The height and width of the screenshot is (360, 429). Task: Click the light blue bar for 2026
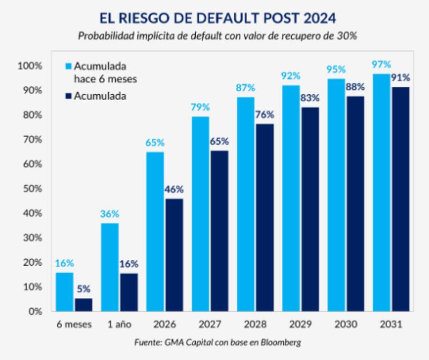(x=155, y=231)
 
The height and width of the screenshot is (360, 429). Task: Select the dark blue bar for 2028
(x=264, y=217)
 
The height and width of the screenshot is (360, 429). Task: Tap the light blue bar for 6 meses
(x=64, y=291)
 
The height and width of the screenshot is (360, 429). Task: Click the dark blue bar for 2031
(x=401, y=199)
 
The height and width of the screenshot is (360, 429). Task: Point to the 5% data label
(x=83, y=288)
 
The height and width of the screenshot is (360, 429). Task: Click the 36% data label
(x=110, y=214)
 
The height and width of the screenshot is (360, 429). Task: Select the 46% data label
(x=174, y=189)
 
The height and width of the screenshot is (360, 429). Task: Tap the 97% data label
(x=382, y=65)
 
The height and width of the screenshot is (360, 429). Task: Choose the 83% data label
(x=310, y=98)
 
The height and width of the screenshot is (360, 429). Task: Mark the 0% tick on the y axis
(x=34, y=311)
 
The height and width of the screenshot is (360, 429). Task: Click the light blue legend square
(x=68, y=66)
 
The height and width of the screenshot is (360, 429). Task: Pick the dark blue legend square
(x=68, y=96)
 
